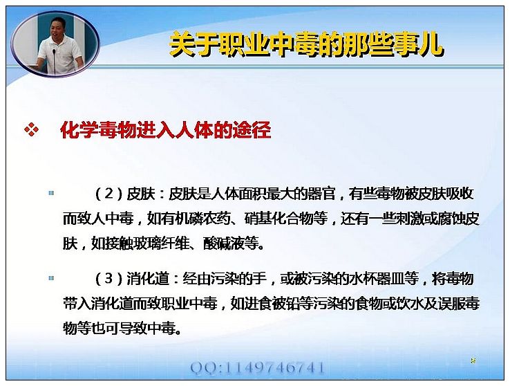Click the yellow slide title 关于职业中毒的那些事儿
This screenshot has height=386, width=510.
[306, 44]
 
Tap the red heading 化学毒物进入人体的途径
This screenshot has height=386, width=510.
[166, 131]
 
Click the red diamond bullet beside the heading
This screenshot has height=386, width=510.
[31, 130]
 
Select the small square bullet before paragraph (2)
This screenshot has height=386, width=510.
[51, 193]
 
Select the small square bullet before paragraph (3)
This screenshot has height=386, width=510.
[51, 278]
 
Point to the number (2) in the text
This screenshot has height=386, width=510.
[109, 194]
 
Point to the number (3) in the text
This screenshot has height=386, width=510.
[109, 279]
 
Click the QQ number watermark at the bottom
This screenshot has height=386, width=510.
[257, 368]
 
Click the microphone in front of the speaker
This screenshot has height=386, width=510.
[55, 60]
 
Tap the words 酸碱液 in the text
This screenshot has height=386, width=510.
[223, 243]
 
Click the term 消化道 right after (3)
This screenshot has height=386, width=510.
[148, 279]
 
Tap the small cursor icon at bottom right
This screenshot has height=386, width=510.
[473, 360]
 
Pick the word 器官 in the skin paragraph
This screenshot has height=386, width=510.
[321, 194]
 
